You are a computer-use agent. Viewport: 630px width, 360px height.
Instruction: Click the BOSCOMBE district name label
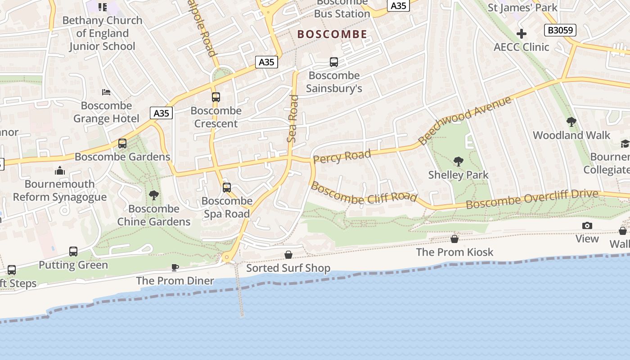(x=332, y=34)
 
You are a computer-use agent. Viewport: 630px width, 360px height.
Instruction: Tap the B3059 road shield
(x=560, y=30)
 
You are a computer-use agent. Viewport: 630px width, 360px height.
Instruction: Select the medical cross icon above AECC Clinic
(x=522, y=34)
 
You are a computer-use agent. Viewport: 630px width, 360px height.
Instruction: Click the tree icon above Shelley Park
(x=458, y=161)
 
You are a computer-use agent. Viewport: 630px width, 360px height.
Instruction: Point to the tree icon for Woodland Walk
(x=571, y=121)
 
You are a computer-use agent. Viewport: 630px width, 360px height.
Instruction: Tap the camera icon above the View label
(x=587, y=226)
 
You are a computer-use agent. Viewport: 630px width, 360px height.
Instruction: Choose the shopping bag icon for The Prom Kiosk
(x=454, y=238)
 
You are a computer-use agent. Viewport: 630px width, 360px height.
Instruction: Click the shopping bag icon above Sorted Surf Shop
(x=288, y=255)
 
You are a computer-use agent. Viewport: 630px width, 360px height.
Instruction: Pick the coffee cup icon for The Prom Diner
(x=175, y=268)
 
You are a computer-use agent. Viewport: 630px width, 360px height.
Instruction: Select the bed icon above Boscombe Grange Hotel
(x=106, y=92)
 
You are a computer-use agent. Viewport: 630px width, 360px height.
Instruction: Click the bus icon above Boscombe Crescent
(x=216, y=97)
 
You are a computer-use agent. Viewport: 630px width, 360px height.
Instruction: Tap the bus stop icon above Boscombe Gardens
(x=122, y=144)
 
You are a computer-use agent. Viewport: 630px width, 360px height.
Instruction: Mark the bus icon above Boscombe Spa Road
(x=227, y=187)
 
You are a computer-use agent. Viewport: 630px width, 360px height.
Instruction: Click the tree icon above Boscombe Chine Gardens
(x=154, y=195)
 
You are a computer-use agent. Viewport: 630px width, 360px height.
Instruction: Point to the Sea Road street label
(x=292, y=119)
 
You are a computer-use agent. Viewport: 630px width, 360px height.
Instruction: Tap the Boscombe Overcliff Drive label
(x=532, y=199)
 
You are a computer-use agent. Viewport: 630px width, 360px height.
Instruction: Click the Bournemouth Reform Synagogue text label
(x=60, y=190)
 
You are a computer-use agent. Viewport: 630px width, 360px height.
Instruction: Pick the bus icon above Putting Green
(x=73, y=251)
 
